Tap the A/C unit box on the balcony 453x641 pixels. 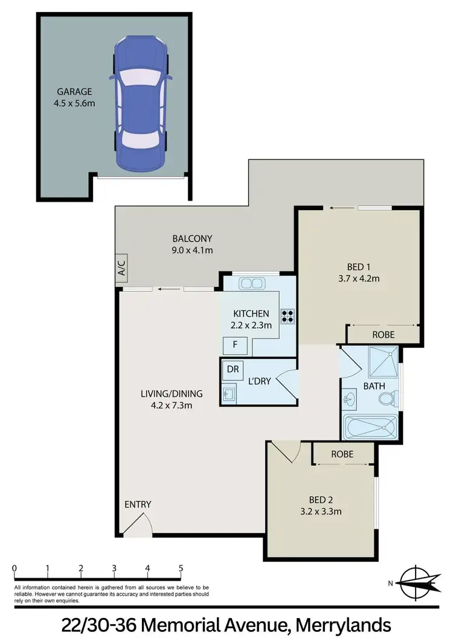[x=121, y=268]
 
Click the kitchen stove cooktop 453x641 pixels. [x=286, y=315]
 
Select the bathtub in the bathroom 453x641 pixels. [x=370, y=428]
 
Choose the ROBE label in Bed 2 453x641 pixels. [x=342, y=454]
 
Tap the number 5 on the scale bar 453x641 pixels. [x=181, y=568]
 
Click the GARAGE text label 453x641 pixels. [x=74, y=92]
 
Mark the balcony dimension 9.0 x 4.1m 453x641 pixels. [x=192, y=250]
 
